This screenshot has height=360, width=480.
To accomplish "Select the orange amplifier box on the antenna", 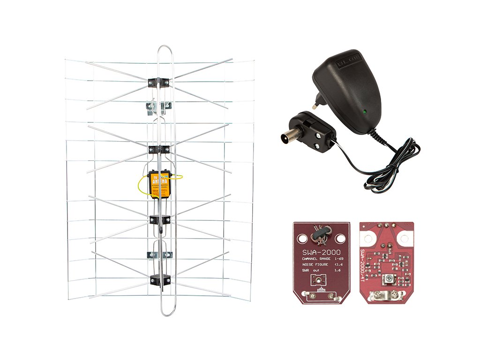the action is tap(159, 185).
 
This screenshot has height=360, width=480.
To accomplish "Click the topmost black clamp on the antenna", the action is tap(158, 82).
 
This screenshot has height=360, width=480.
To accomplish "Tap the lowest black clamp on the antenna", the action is tap(159, 280).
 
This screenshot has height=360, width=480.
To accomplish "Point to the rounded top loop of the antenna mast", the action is tap(165, 49).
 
